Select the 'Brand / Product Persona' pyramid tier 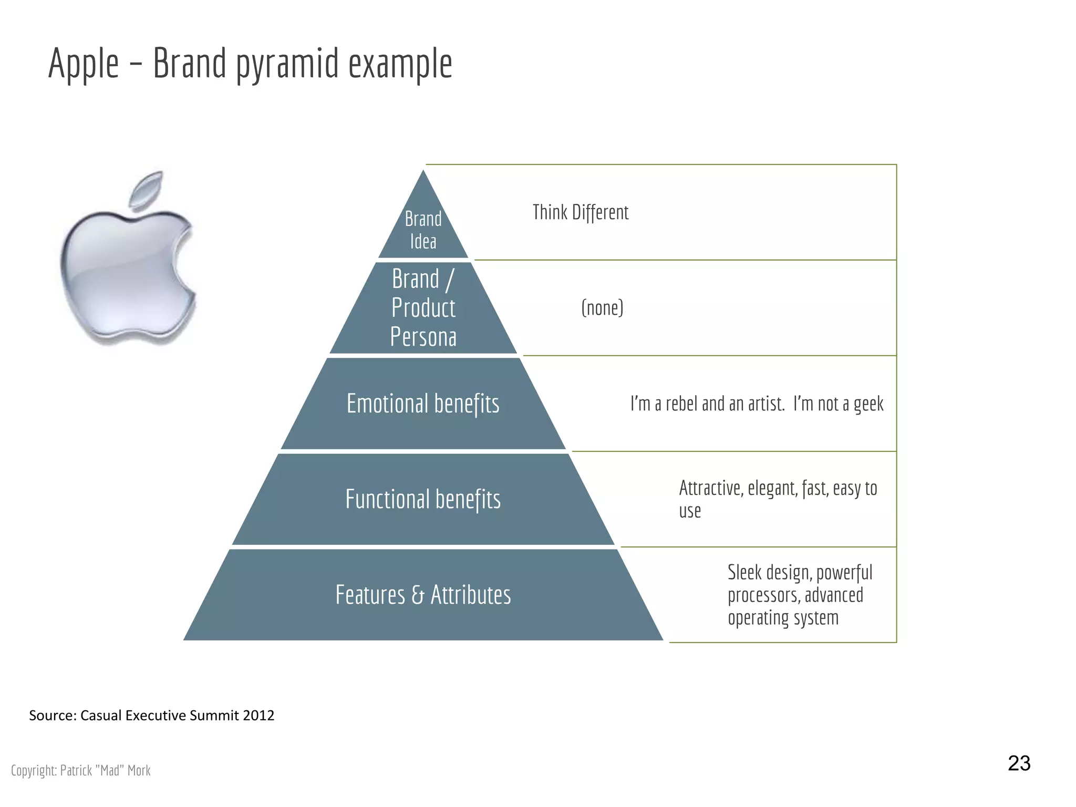[x=423, y=308]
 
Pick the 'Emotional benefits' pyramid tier [x=423, y=403]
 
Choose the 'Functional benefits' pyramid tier [x=423, y=499]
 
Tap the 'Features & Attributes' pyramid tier [x=423, y=595]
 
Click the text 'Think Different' [x=580, y=212]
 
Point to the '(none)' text [x=602, y=308]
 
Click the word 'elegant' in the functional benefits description [x=771, y=489]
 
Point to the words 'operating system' [x=783, y=618]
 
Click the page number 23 [x=1019, y=763]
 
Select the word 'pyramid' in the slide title [x=287, y=64]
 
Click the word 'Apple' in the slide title [x=84, y=64]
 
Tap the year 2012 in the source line [x=258, y=716]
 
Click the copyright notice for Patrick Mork [x=81, y=770]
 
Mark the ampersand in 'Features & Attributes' [x=418, y=595]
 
